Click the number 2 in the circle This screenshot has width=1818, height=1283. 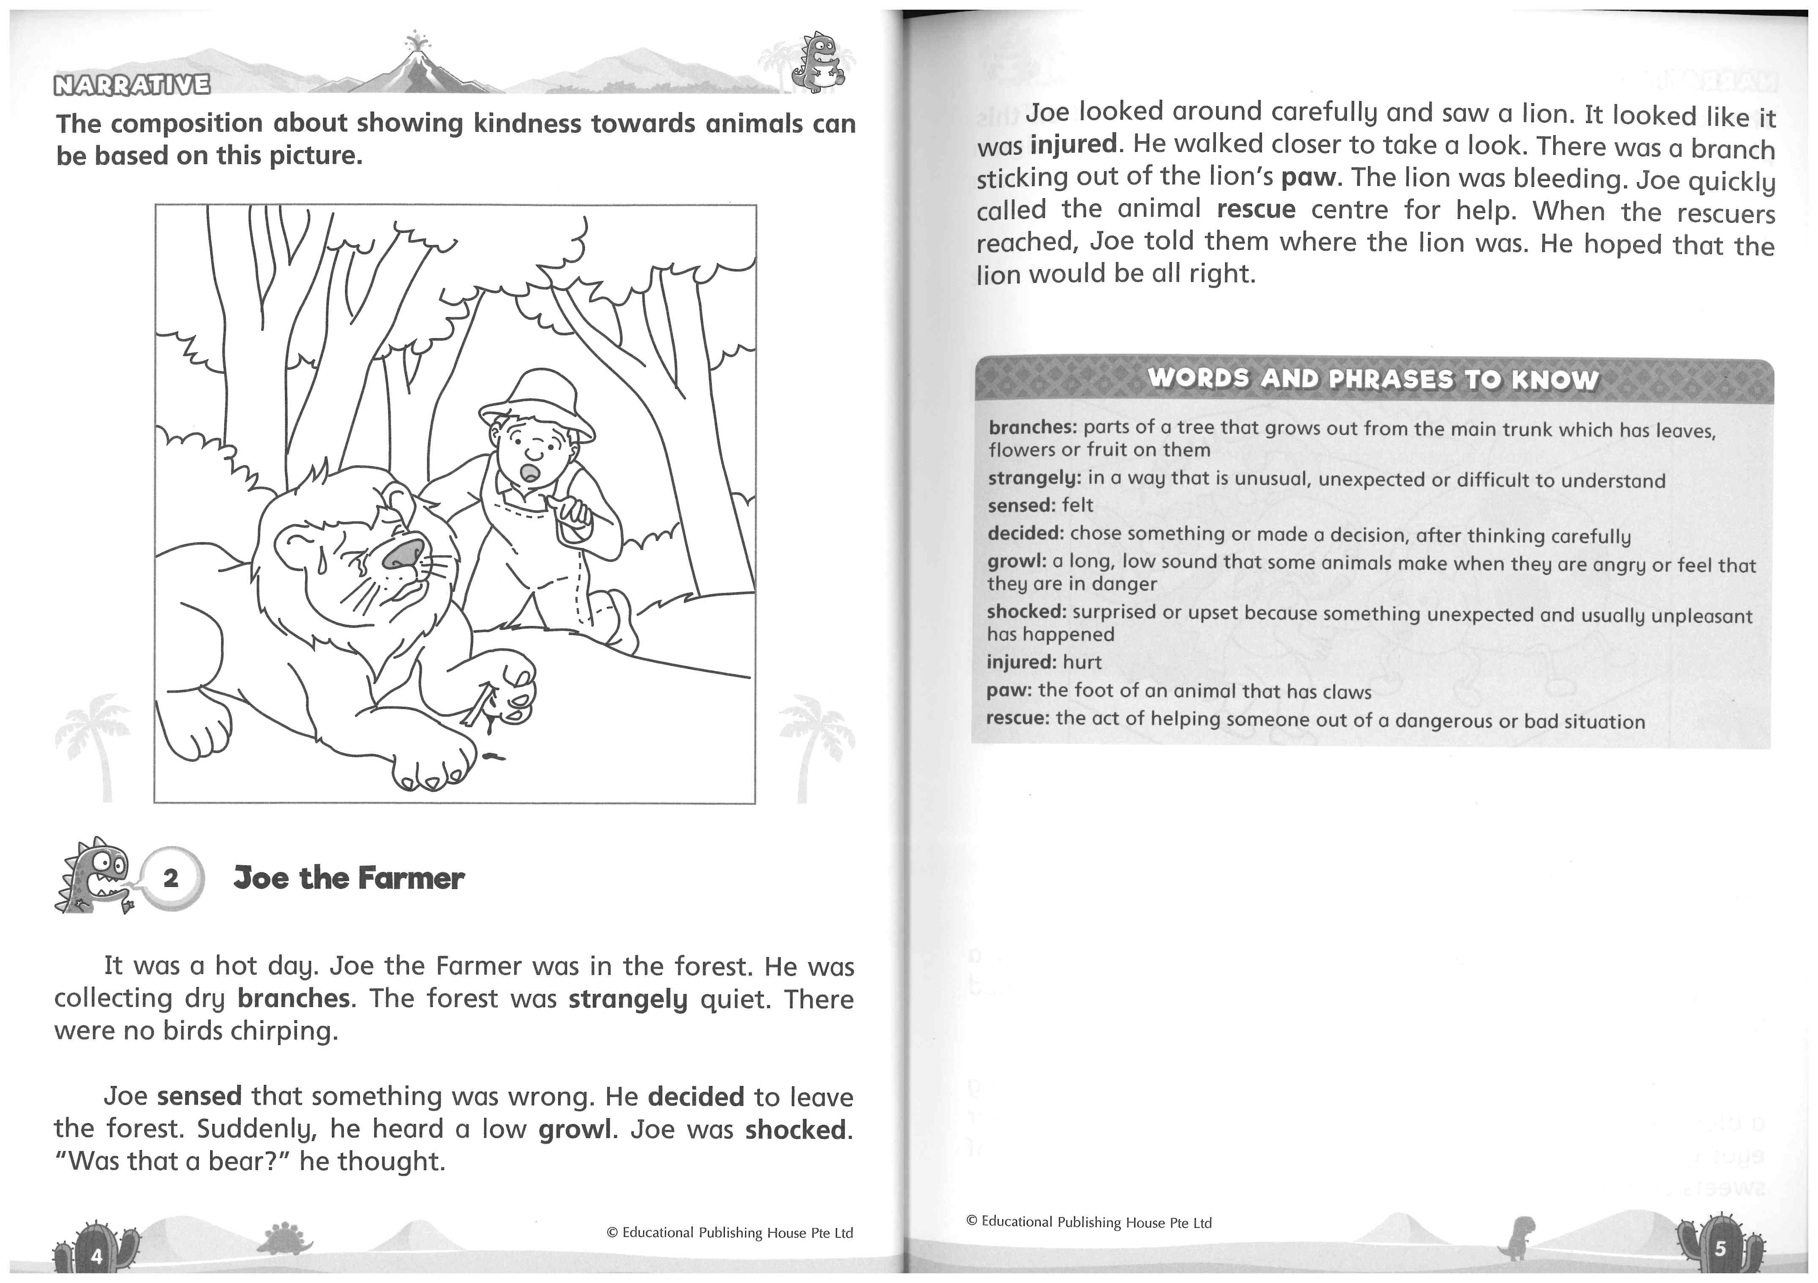point(171,878)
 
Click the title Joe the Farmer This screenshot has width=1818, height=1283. point(348,878)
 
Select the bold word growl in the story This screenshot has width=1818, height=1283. point(575,1130)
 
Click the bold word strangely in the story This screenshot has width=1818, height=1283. point(627,999)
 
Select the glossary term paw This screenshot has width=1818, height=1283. point(1007,690)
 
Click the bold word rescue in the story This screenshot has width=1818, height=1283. point(1256,210)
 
